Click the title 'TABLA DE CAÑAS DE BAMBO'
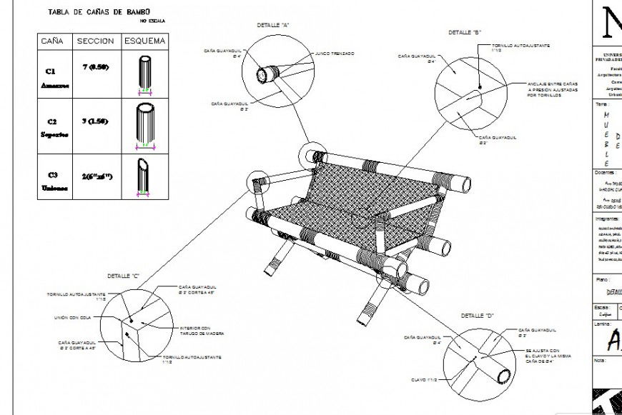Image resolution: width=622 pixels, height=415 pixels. [x=98, y=12]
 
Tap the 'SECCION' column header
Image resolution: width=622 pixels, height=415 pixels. [x=95, y=41]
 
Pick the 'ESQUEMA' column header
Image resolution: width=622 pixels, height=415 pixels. [x=145, y=41]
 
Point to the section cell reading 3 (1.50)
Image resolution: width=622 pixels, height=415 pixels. [x=94, y=121]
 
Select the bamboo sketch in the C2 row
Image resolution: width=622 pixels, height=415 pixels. [x=145, y=126]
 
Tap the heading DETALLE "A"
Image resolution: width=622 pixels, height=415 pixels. [x=273, y=25]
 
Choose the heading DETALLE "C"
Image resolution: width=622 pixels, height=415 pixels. [x=123, y=276]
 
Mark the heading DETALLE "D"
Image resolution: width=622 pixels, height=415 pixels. [x=478, y=315]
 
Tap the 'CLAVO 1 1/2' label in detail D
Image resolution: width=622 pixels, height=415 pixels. [x=424, y=379]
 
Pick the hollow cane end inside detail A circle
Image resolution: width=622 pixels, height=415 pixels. [x=270, y=73]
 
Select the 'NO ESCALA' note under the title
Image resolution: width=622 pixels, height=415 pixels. [x=152, y=21]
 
